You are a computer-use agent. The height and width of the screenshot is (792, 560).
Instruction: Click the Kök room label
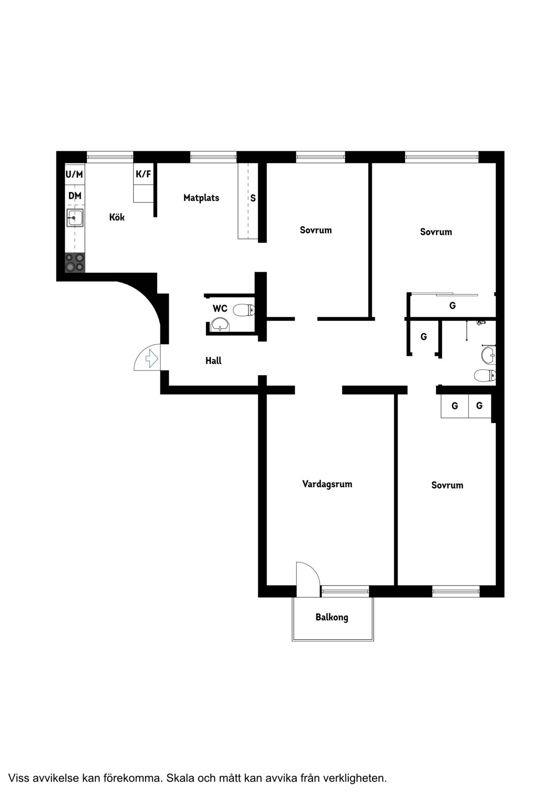point(117,217)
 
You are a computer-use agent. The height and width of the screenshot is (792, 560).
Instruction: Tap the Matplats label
point(201,198)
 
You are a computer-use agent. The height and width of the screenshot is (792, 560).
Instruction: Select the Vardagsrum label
point(327,484)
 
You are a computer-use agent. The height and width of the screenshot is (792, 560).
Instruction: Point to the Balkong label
point(332,617)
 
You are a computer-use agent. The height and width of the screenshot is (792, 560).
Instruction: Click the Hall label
point(213,361)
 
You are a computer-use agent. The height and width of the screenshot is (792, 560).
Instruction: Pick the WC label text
point(220,309)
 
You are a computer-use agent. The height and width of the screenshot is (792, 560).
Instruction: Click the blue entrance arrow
point(151,359)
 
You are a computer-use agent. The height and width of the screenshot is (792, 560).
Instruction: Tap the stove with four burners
point(75,262)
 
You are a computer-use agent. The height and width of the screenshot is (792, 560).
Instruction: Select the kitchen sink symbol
point(75,218)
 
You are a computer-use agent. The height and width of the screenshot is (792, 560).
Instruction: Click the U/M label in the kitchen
point(75,174)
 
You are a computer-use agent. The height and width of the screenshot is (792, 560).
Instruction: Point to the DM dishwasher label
point(75,196)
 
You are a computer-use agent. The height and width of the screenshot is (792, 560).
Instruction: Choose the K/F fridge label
point(144,174)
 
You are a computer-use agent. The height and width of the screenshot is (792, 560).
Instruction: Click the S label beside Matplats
point(253,198)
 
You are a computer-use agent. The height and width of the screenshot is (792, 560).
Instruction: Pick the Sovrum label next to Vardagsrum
point(447,485)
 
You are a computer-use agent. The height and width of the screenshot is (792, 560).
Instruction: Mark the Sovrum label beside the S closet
point(316,230)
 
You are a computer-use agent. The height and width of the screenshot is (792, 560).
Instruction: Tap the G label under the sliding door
point(453,306)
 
